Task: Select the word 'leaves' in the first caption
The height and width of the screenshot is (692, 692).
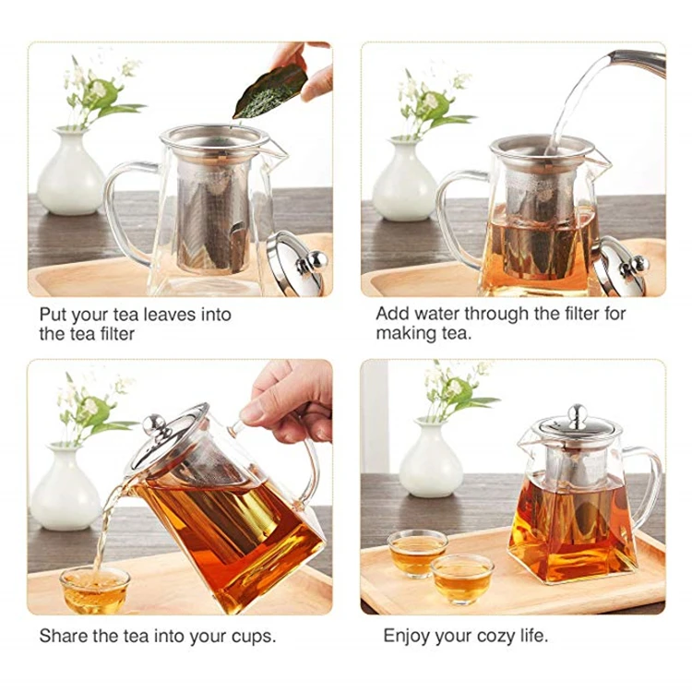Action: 176,315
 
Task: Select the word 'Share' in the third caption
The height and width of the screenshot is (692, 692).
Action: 63,636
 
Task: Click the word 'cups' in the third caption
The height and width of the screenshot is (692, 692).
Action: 250,637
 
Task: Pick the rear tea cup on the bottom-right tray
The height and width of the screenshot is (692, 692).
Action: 416,552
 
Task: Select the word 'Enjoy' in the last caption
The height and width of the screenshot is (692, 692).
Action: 407,636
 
